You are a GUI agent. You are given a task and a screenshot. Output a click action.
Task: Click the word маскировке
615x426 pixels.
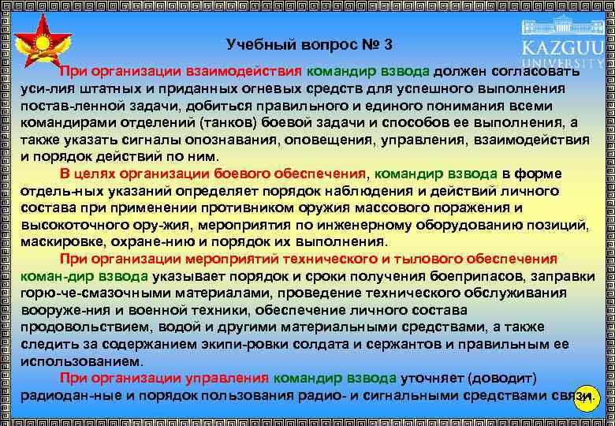click(x=64, y=241)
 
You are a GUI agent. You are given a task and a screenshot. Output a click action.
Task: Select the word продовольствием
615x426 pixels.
click(x=85, y=327)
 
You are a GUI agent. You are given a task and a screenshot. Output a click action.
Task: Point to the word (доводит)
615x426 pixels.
click(x=501, y=378)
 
